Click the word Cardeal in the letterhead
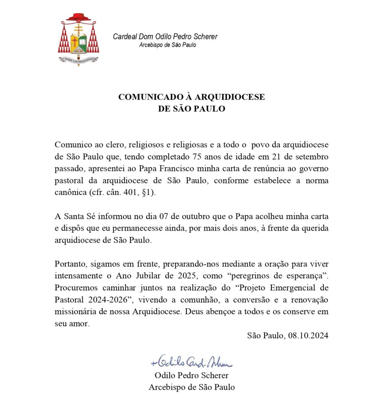pos(126,37)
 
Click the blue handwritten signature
pos(191,362)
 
